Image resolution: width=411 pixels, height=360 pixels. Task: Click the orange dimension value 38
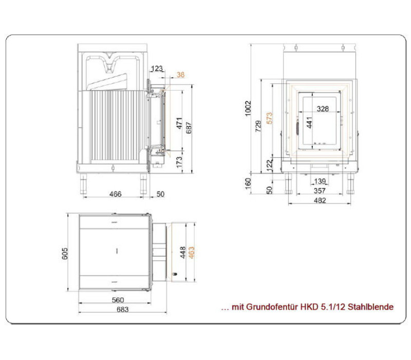(x=181, y=75)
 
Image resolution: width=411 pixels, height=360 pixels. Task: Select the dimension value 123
(x=157, y=68)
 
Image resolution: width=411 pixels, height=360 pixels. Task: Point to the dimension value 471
(x=179, y=123)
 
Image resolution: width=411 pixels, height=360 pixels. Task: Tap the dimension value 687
(x=189, y=128)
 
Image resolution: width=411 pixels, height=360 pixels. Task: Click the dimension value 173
(x=179, y=162)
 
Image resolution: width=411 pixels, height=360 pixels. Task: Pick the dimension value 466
(x=115, y=194)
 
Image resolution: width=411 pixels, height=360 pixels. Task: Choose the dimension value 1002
(x=248, y=108)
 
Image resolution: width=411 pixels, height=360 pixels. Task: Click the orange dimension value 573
(x=269, y=118)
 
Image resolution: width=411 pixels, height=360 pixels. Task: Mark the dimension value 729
(x=258, y=126)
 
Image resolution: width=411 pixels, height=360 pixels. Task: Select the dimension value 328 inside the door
(x=323, y=109)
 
